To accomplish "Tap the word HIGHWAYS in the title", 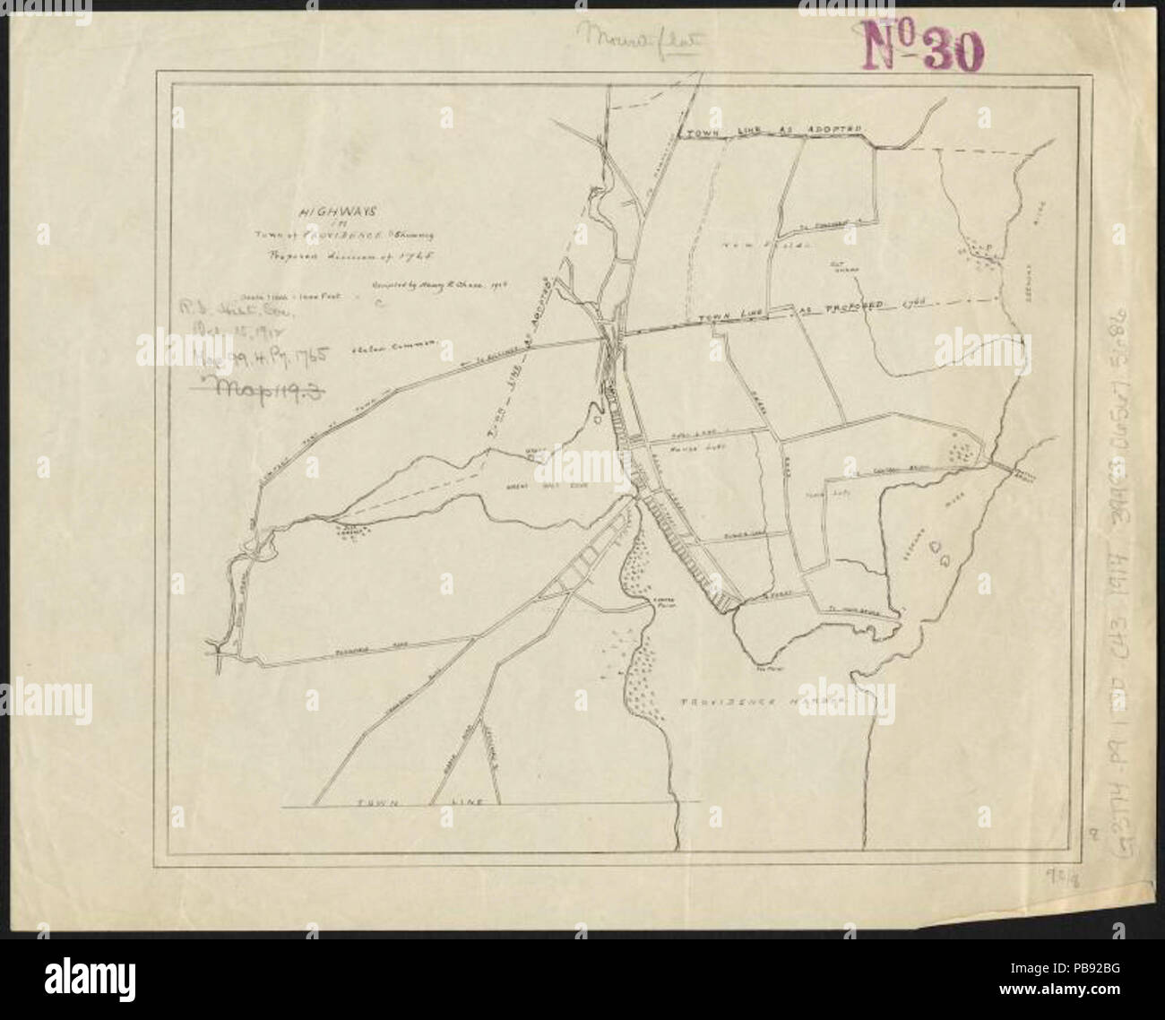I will pos(324,214).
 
